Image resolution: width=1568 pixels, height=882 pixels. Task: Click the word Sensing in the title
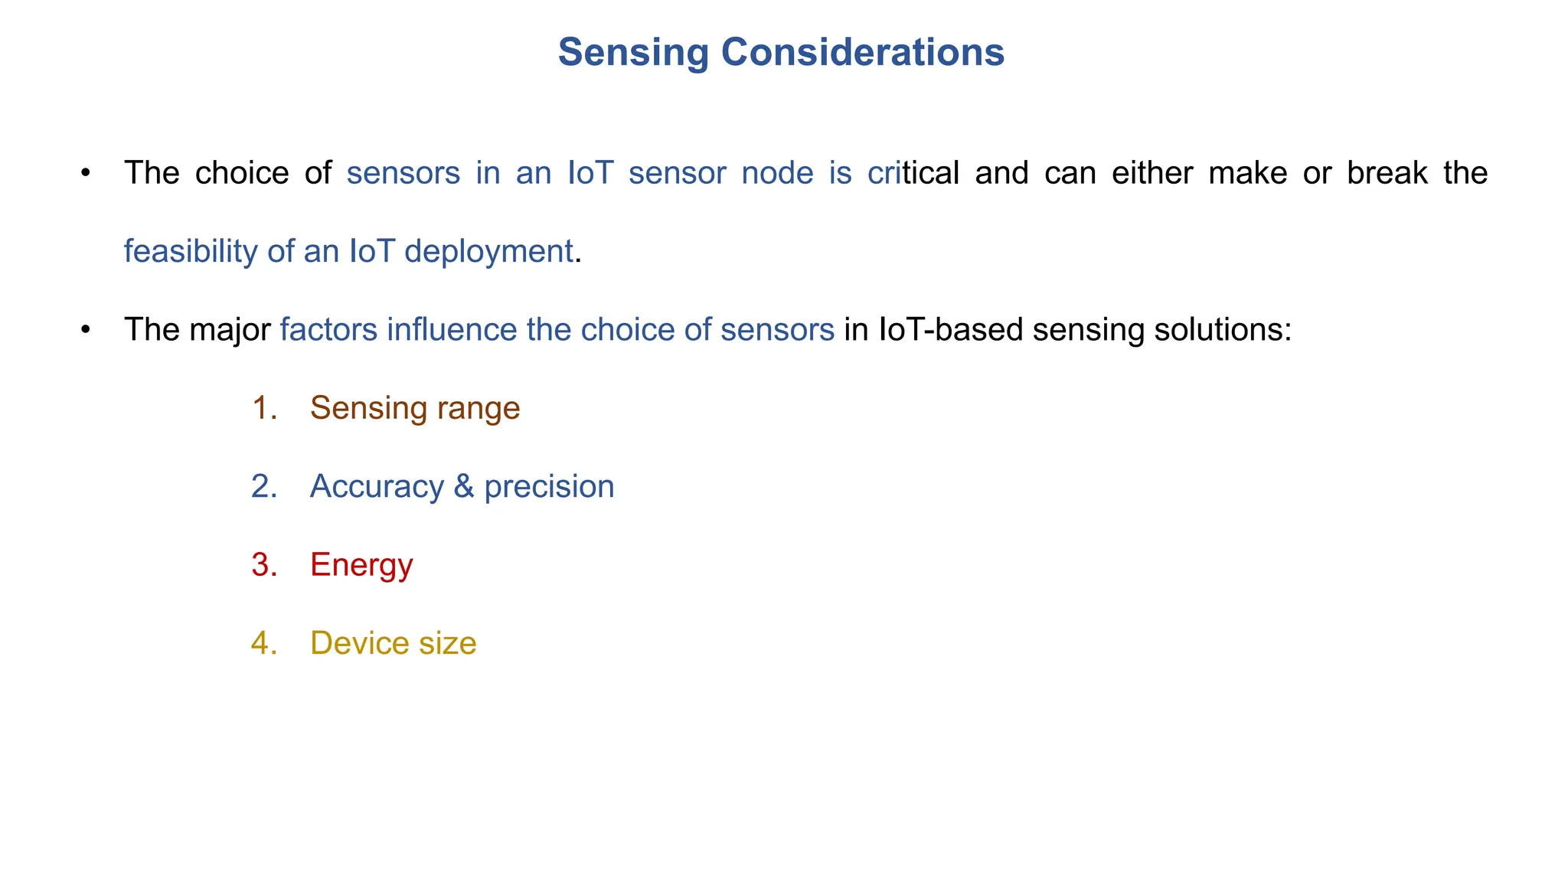633,53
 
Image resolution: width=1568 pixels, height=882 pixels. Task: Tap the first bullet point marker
86,173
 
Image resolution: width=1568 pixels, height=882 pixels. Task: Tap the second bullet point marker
86,330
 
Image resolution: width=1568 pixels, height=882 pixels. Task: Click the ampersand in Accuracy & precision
463,487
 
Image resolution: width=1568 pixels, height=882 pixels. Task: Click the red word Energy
361,566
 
